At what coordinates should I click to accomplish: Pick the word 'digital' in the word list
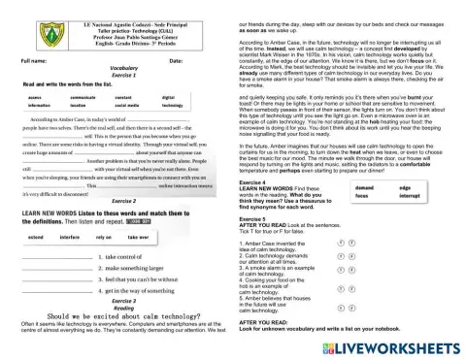pyautogui.click(x=169, y=97)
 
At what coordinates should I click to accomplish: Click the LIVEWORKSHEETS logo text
pyautogui.click(x=401, y=345)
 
